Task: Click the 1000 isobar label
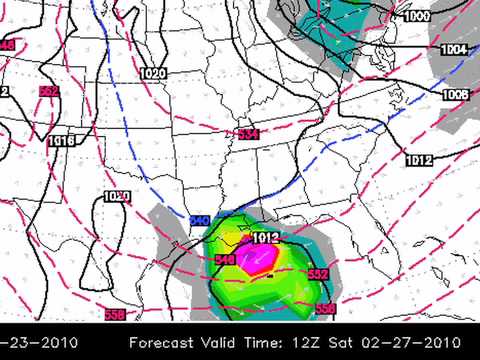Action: (417, 16)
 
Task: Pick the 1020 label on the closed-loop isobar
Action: (117, 196)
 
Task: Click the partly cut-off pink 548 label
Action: (6, 45)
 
